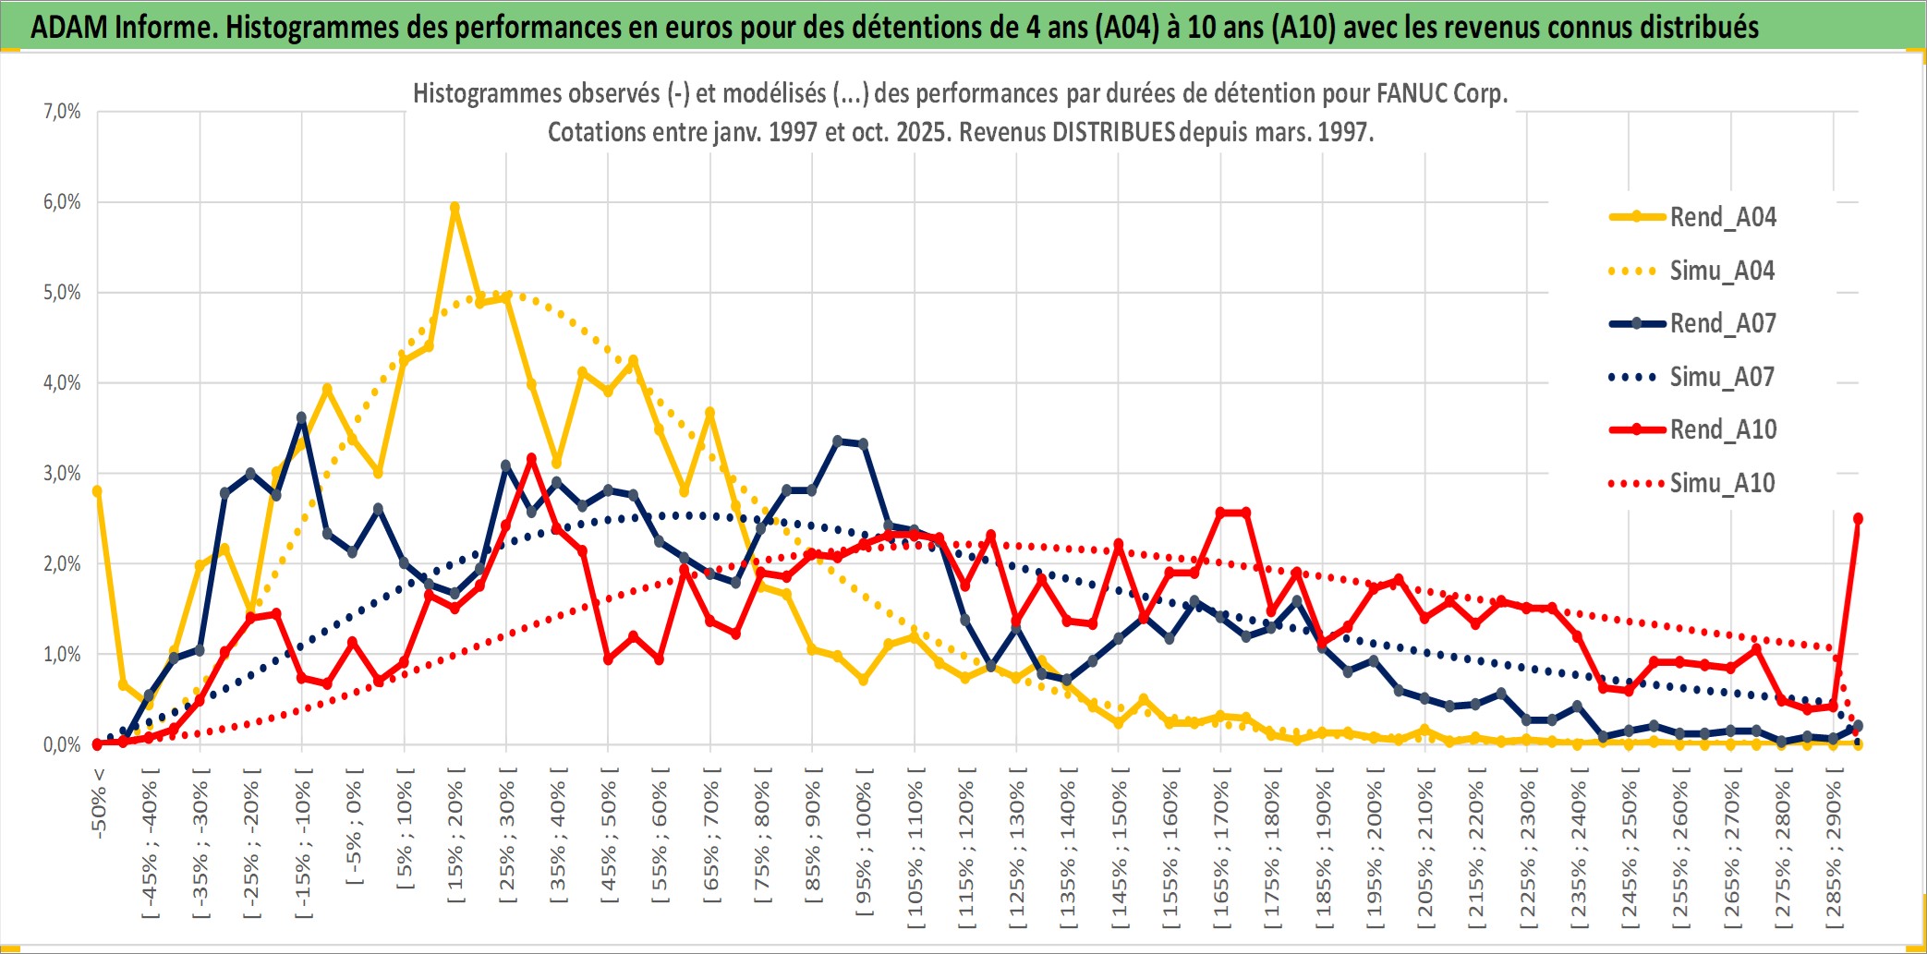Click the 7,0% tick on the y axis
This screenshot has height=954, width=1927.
coord(62,112)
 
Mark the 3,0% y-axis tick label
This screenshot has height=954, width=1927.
coord(62,474)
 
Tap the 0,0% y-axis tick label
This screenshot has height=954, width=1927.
coord(62,744)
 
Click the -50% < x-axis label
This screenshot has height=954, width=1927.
coord(99,803)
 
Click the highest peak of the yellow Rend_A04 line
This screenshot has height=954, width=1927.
coord(454,208)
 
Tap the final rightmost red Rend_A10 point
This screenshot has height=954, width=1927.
coord(1858,519)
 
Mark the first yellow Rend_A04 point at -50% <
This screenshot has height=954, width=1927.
coord(97,491)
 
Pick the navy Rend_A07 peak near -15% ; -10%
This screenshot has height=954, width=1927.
coord(301,417)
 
